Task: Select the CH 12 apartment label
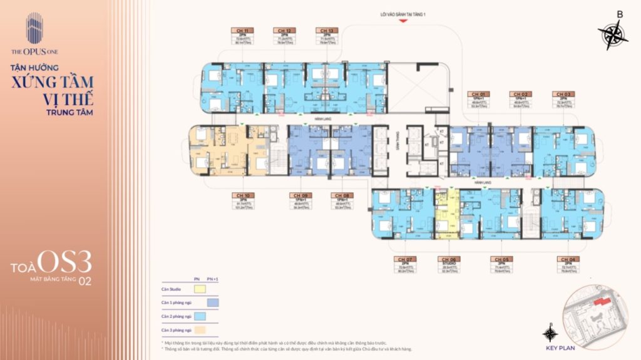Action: coord(284,30)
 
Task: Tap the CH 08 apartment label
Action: coord(342,195)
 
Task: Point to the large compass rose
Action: coord(613,34)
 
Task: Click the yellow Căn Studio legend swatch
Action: coord(199,289)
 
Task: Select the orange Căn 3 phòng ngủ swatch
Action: coord(199,329)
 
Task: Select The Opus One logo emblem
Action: coord(34,29)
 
